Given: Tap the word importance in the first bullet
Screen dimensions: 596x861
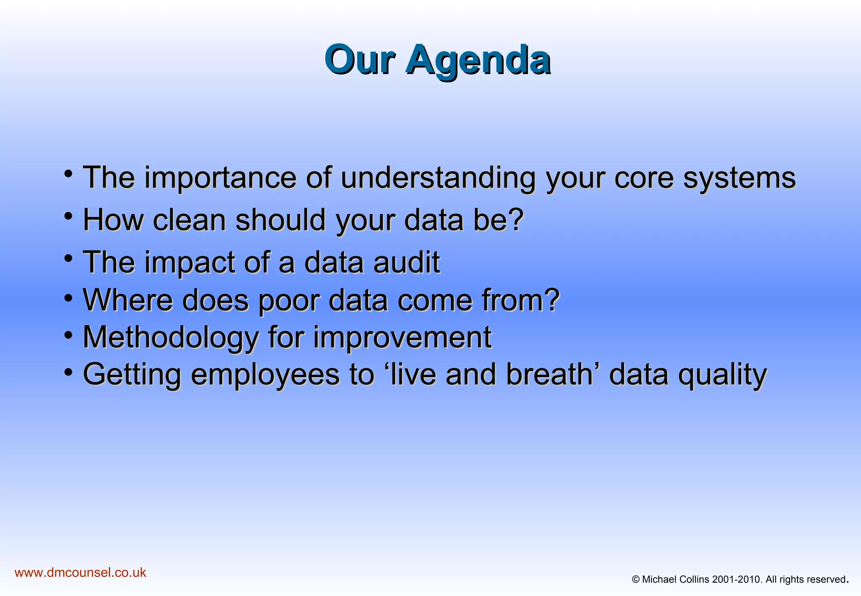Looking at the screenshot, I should click(x=220, y=177).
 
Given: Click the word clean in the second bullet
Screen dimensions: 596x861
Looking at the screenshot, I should click(x=189, y=220).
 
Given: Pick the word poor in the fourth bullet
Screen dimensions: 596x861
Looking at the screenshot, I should click(x=288, y=300).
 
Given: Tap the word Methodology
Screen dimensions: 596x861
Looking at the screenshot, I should click(x=171, y=338).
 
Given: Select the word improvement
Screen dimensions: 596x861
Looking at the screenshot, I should click(x=402, y=338).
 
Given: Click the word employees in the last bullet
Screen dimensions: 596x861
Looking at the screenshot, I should click(x=265, y=374).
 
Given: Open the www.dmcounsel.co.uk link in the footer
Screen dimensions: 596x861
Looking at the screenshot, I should click(x=80, y=572).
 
